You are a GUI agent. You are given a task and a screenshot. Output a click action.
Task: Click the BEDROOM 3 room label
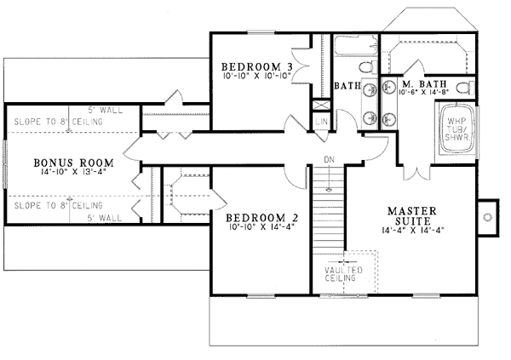(x=257, y=66)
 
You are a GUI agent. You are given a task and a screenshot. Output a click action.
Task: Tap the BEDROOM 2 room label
(x=262, y=217)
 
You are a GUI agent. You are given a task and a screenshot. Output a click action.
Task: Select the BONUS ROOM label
(x=73, y=163)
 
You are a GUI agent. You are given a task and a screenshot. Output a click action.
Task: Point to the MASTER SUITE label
(x=412, y=215)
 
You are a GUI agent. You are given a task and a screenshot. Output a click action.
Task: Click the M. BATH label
(x=424, y=83)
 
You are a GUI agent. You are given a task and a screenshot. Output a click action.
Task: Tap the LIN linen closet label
(x=321, y=122)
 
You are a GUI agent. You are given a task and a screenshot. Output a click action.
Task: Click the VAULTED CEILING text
(x=343, y=274)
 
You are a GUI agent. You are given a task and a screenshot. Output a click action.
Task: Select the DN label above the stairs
(x=329, y=160)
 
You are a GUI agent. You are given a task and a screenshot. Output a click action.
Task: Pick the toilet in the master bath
(x=465, y=88)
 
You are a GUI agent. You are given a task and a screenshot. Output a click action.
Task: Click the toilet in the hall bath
(x=368, y=67)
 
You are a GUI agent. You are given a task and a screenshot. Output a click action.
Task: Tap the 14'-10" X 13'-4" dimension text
(x=73, y=172)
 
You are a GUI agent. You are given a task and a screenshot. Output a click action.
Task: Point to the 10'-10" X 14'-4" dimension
(x=262, y=226)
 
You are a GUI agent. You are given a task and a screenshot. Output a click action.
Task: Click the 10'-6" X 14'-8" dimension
(x=423, y=92)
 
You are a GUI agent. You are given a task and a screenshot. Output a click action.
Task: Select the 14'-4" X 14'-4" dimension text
(x=413, y=230)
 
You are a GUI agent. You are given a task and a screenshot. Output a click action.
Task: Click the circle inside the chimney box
(x=487, y=217)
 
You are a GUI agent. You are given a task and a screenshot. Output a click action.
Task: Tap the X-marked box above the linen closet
(x=321, y=105)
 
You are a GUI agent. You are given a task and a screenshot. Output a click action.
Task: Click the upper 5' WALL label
(x=106, y=110)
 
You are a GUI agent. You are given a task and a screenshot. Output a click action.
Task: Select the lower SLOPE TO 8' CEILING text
(x=58, y=206)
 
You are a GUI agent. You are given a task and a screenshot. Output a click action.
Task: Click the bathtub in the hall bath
(x=356, y=45)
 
